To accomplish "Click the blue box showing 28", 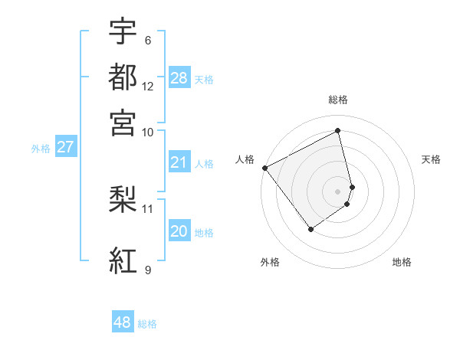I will pos(179,78).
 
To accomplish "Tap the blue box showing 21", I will pos(179,162).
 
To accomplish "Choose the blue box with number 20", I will pos(179,232).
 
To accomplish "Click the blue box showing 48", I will pos(123,322).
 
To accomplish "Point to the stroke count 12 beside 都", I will pos(148,87).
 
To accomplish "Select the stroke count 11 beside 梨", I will pos(148,208).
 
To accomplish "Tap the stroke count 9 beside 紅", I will pos(148,270).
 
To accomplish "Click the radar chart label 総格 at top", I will pos(338,100).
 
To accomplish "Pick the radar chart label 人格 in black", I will pos(245,159).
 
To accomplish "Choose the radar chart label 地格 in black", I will pos(402,262).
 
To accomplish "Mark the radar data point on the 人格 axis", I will pos(264,168).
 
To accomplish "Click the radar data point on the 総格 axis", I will pos(338,131).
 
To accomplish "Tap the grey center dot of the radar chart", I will pos(338,191).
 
